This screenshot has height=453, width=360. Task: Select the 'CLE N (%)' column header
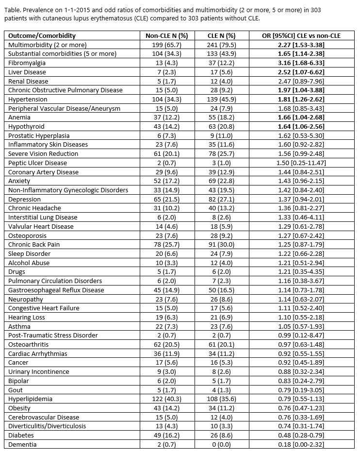point(224,35)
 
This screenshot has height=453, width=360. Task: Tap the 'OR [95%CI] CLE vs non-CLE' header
point(301,35)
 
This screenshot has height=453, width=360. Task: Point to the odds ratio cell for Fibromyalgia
point(301,63)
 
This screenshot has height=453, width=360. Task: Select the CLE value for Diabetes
point(224,435)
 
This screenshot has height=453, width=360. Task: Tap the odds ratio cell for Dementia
point(301,444)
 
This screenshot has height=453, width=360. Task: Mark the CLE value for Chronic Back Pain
point(224,244)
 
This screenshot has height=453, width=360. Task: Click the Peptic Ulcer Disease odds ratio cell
point(301,163)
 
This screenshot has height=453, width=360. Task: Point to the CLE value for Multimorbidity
point(224,45)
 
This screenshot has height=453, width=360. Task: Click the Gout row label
point(16,390)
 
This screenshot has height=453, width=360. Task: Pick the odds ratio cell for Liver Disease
point(301,72)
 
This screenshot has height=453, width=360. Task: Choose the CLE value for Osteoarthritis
point(224,344)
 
